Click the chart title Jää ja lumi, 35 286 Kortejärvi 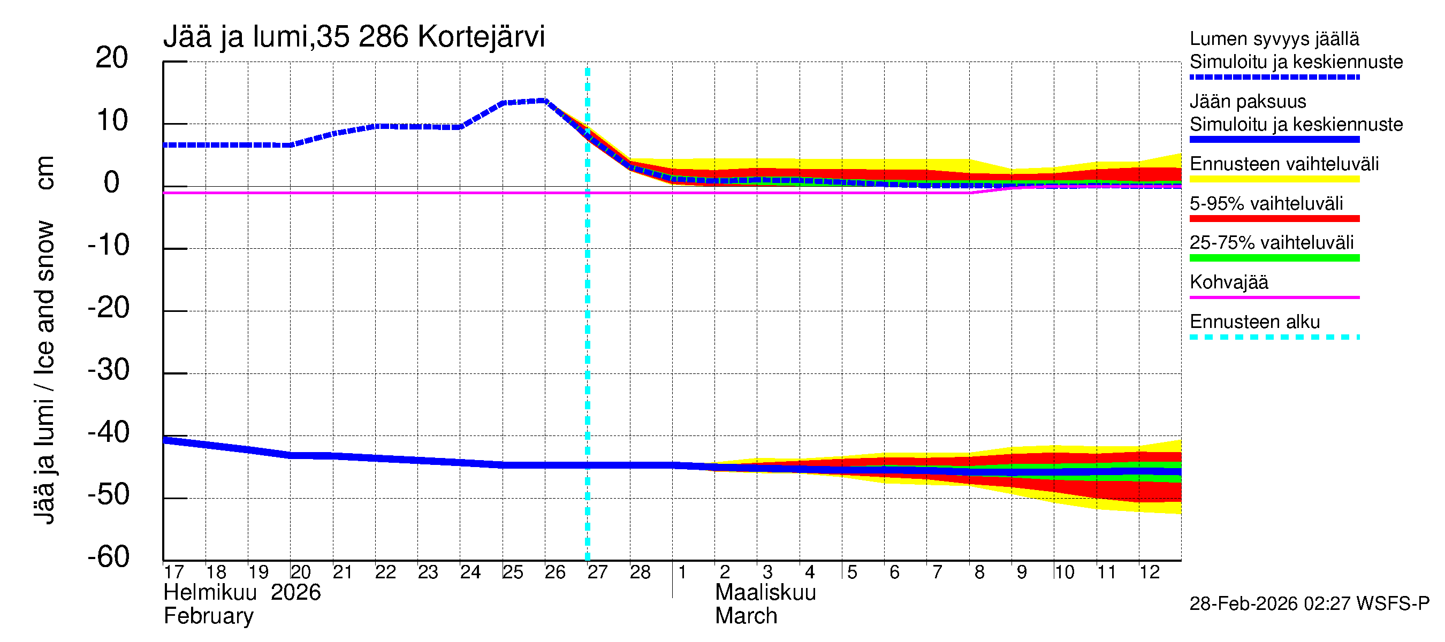tap(353, 37)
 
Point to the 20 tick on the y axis tap(112, 58)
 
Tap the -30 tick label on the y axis tap(108, 370)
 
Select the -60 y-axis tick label tap(108, 557)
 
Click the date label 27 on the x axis tap(597, 572)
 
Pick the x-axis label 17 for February tap(173, 572)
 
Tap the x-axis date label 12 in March tap(1149, 572)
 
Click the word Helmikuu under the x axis tap(210, 593)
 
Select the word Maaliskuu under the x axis tap(765, 593)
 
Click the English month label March tap(746, 616)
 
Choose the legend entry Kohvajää tap(1228, 282)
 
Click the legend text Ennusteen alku tap(1254, 322)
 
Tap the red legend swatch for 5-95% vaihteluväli tap(1274, 219)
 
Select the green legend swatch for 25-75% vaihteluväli tap(1274, 258)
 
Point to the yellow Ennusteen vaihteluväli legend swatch tap(1274, 179)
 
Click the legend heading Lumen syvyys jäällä tap(1274, 39)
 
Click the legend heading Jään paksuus tap(1248, 102)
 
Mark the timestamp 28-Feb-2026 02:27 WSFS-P tap(1309, 604)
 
